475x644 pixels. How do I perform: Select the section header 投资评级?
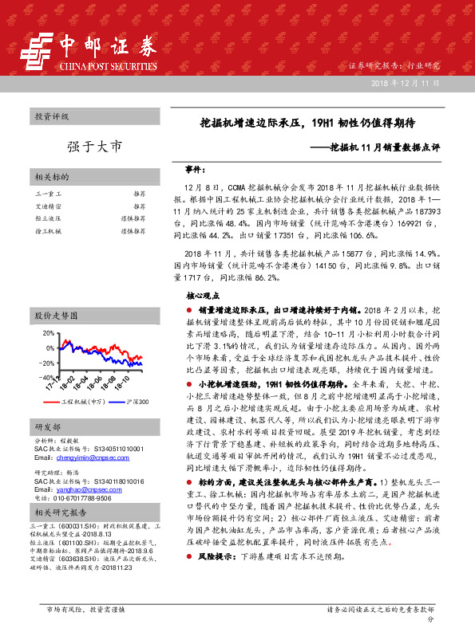tap(52, 116)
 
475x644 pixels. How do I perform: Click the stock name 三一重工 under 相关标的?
tap(49, 194)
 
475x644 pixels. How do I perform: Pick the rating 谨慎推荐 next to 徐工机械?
tap(133, 230)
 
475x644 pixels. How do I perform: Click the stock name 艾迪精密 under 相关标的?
tap(49, 206)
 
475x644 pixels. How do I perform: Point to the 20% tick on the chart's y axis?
tap(49, 332)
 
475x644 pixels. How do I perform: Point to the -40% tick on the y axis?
tap(47, 376)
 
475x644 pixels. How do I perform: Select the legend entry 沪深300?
tap(137, 401)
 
